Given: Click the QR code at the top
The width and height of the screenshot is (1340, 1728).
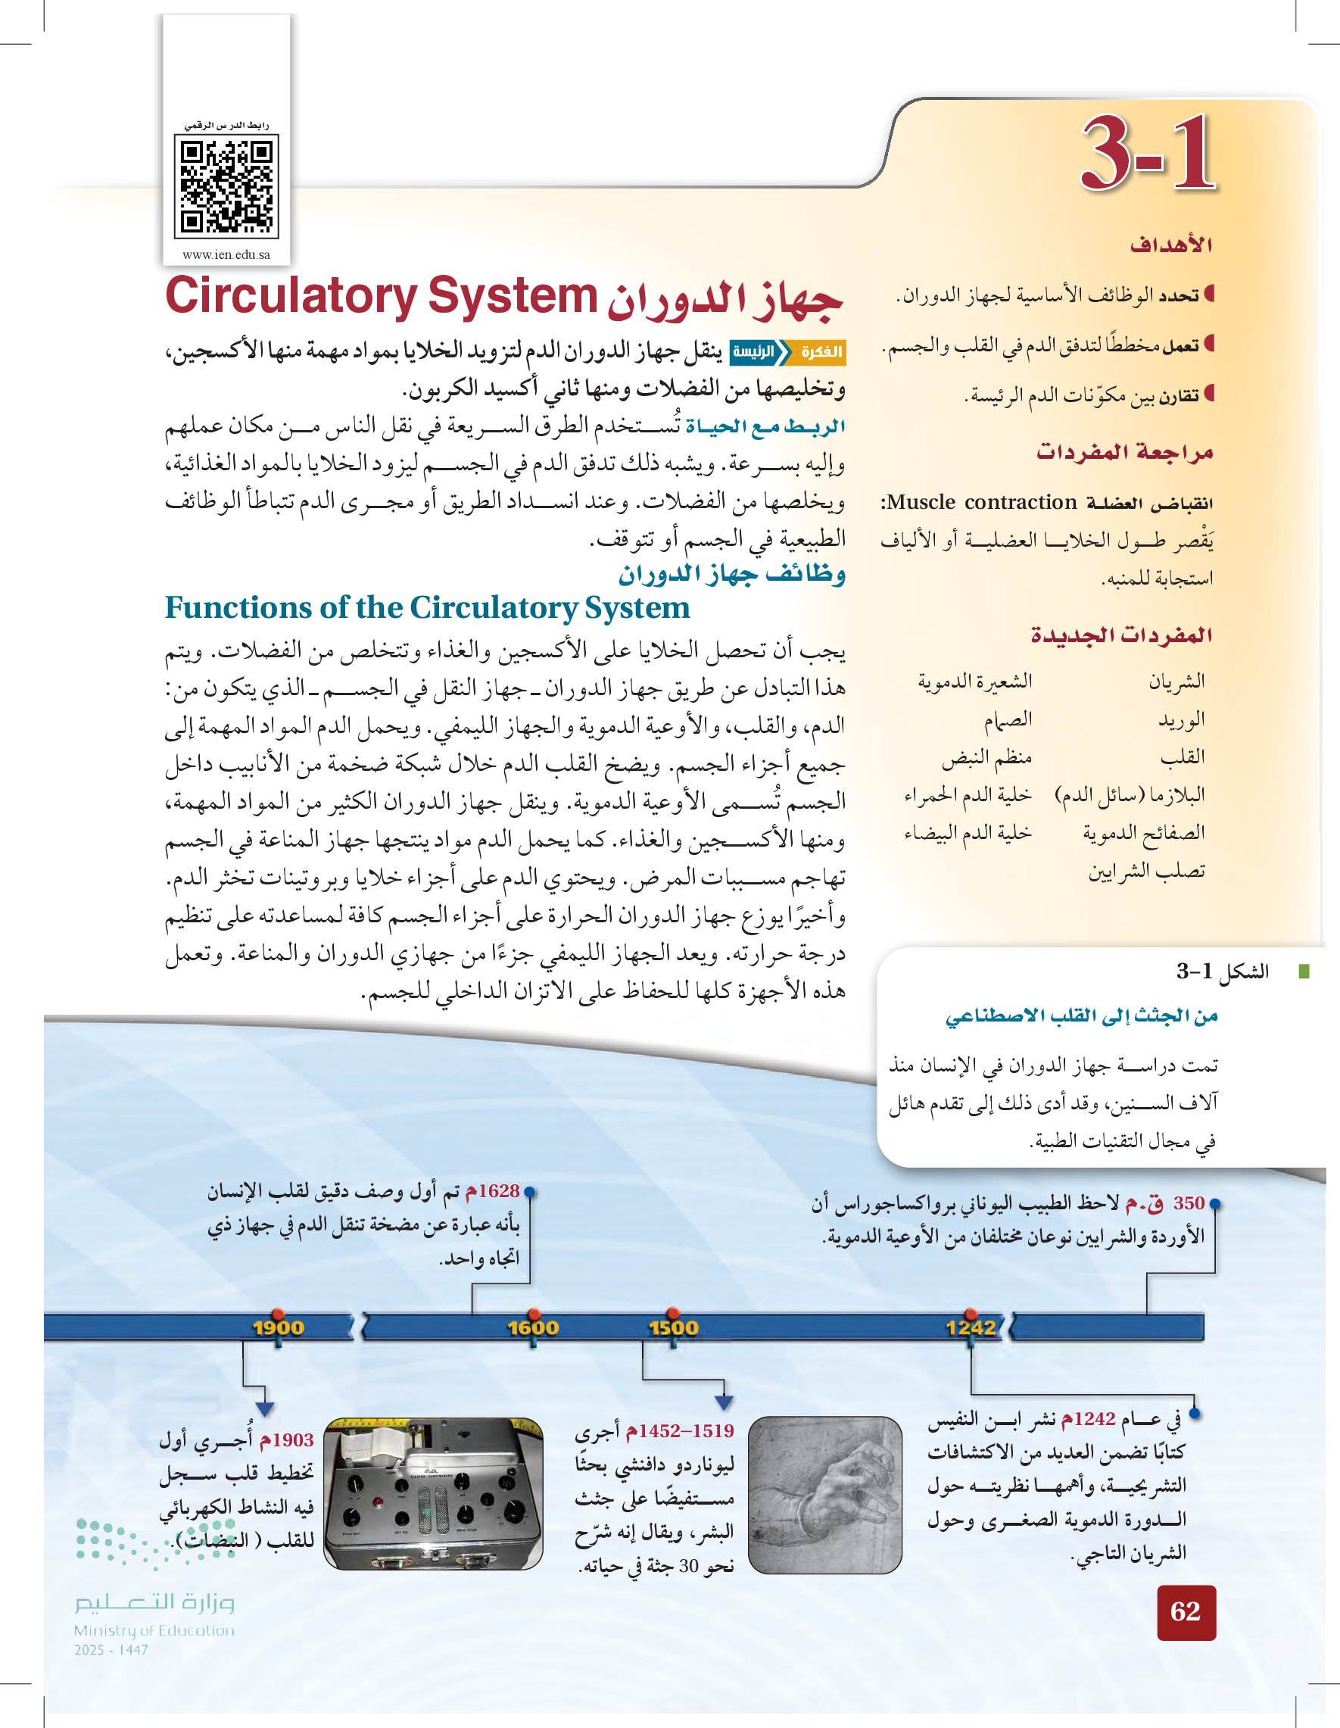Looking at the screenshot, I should (x=226, y=187).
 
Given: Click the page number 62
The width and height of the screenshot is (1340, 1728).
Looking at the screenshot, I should (x=1185, y=1611).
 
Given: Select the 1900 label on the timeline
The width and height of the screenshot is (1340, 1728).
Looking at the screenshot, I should (x=278, y=1327).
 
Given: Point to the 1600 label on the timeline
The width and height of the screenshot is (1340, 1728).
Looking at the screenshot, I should (x=532, y=1327).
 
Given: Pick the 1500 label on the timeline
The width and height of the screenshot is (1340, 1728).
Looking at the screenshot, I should (x=673, y=1327).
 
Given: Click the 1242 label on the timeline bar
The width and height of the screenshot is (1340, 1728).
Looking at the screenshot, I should (x=971, y=1327).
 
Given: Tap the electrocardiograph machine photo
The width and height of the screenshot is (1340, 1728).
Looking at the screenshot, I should (x=434, y=1493).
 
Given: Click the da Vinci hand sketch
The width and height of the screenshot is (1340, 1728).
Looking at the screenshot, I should (x=824, y=1494).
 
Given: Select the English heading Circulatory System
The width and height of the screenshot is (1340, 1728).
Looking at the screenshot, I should (x=381, y=297).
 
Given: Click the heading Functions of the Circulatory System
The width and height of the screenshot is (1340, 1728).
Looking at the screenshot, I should (x=427, y=607).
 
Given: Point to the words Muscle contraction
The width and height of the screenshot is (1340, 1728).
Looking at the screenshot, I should (x=982, y=502).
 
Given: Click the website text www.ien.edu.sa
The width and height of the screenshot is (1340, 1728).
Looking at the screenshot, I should (x=226, y=254).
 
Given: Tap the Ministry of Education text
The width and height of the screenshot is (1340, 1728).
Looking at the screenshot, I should (x=154, y=1630).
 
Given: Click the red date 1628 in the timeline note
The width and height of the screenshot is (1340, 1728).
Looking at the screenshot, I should (x=493, y=1192).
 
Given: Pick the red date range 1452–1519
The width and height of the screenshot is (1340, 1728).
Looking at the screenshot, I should (x=681, y=1430).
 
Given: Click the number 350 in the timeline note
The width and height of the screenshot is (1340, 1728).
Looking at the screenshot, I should (x=1188, y=1203).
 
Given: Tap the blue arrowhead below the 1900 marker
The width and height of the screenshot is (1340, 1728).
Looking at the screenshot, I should (x=265, y=1409).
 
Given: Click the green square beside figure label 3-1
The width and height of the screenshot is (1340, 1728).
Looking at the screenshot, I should (x=1304, y=971).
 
